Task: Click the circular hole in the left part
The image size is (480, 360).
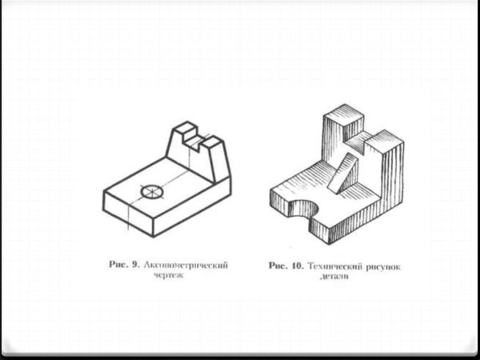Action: (x=152, y=192)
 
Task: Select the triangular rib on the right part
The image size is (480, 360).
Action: (x=343, y=173)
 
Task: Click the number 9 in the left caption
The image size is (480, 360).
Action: (x=136, y=265)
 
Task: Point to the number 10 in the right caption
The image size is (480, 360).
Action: (x=297, y=266)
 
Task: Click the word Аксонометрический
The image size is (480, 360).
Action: (x=186, y=265)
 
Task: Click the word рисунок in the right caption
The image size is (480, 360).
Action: (x=383, y=267)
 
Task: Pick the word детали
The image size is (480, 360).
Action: (x=334, y=277)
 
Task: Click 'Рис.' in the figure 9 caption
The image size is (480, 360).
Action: (x=119, y=265)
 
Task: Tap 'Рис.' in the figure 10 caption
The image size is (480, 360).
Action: (x=278, y=266)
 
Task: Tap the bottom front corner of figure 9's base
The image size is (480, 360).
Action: (x=153, y=237)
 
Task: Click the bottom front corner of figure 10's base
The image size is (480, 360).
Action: (x=330, y=244)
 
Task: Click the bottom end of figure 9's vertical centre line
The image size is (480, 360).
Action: (x=128, y=230)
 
